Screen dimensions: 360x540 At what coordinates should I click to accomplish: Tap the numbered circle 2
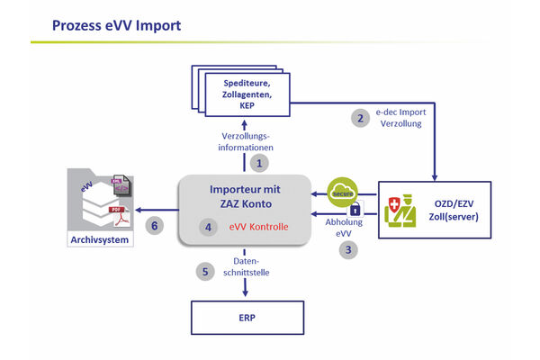(x=360, y=118)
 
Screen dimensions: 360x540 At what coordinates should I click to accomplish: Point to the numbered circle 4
(x=209, y=228)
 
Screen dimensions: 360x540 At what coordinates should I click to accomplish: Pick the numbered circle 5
(x=205, y=269)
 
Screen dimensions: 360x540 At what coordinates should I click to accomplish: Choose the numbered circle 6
(x=155, y=227)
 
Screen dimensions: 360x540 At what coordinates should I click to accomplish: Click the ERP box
(x=246, y=319)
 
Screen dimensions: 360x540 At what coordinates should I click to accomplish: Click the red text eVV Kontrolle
(x=258, y=228)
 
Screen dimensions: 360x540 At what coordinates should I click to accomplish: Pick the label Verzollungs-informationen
(x=246, y=141)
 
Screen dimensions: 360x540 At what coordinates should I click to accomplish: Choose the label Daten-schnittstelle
(x=246, y=268)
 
